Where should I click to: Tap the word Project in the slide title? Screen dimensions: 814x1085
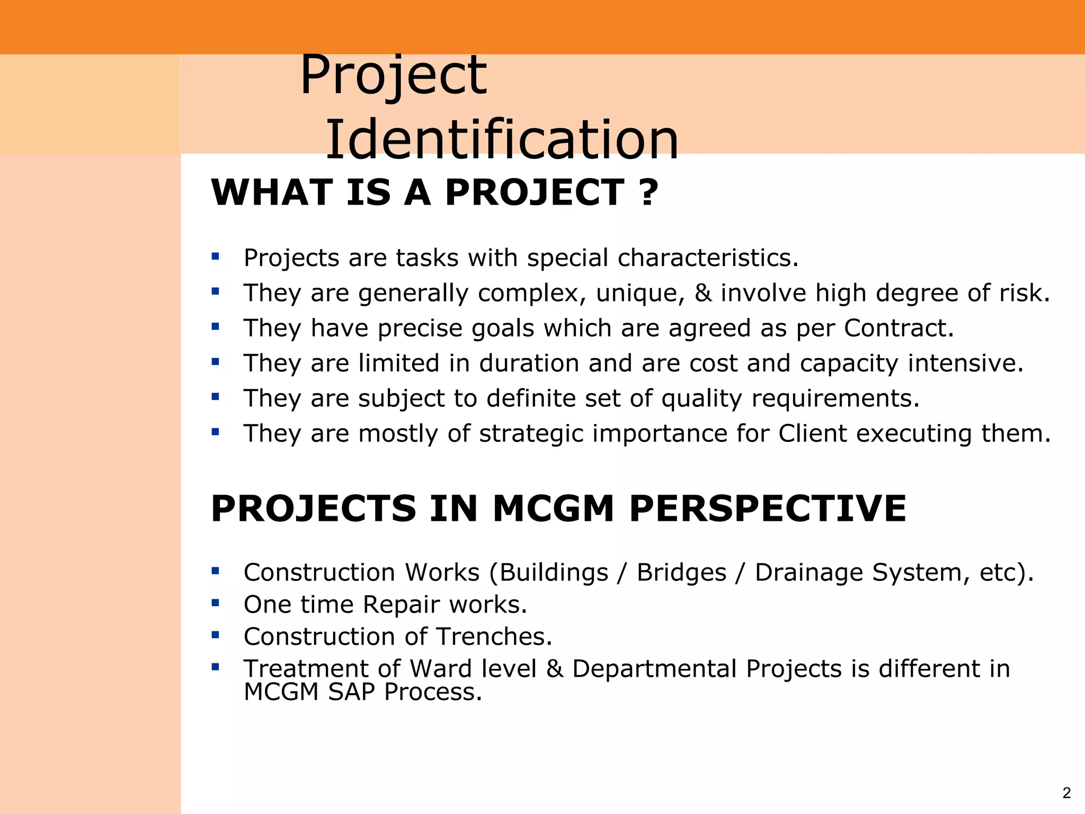point(393,75)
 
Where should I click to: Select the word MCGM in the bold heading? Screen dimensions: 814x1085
point(553,509)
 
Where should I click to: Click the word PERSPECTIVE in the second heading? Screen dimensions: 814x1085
point(768,509)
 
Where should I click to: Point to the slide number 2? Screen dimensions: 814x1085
point(1066,793)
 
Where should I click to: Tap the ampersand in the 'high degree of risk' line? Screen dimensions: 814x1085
point(702,293)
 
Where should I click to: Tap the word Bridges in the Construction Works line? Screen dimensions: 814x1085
point(681,572)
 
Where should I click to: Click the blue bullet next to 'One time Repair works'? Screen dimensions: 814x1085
point(215,603)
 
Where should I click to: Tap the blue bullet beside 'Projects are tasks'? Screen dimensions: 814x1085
point(215,256)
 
